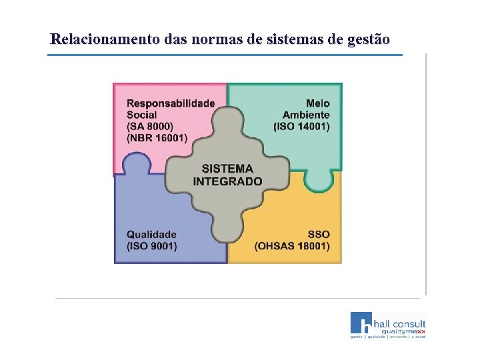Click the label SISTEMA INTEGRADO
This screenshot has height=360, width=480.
[x=227, y=175]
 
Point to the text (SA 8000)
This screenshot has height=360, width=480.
[x=150, y=126]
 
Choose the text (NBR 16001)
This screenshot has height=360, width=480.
[x=157, y=137]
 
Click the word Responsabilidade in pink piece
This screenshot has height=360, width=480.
[x=171, y=103]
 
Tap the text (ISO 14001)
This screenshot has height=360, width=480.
[x=301, y=126]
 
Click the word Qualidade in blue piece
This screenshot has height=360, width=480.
[x=151, y=235]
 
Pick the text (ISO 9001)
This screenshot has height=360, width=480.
[x=151, y=246]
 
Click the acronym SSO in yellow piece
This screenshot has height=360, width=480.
[x=319, y=235]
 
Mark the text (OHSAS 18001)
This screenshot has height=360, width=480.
[x=292, y=246]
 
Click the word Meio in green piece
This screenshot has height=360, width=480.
[x=318, y=103]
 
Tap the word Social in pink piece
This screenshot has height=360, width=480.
[x=142, y=115]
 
